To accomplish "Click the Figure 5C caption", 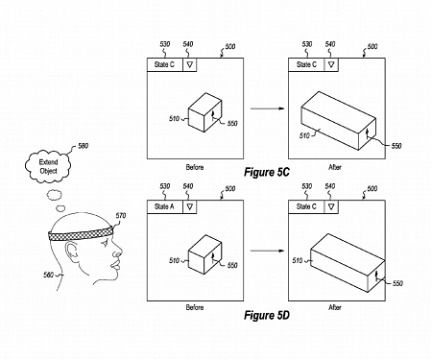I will pyautogui.click(x=267, y=173).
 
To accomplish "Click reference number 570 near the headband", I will pyautogui.click(x=120, y=217).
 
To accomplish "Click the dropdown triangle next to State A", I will pyautogui.click(x=190, y=205).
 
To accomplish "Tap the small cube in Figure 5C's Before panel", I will pyautogui.click(x=204, y=112).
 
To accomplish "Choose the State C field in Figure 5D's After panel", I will pyautogui.click(x=307, y=205).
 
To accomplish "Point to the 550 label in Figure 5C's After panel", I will pyautogui.click(x=397, y=144).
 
